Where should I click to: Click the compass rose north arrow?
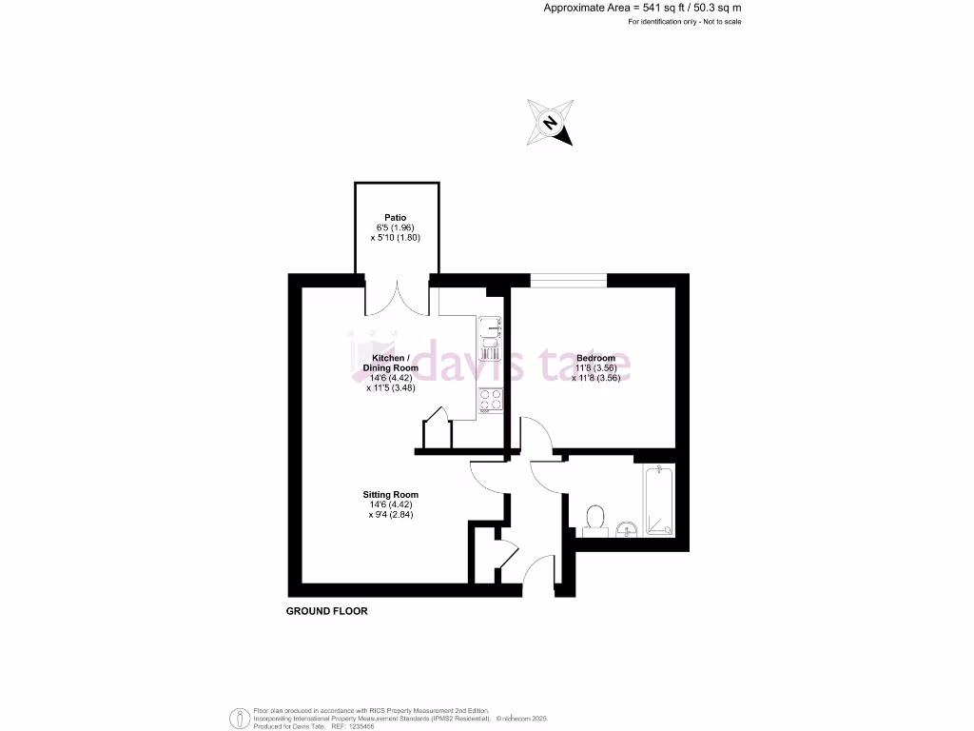tap(551, 124)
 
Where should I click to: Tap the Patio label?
tap(396, 218)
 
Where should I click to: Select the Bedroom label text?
tap(595, 358)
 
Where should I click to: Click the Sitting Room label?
tap(390, 495)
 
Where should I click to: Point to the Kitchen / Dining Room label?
tap(390, 363)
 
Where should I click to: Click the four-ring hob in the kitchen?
tap(491, 400)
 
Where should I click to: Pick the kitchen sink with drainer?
tap(490, 339)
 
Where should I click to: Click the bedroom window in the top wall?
tap(568, 279)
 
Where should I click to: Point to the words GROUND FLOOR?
tap(326, 611)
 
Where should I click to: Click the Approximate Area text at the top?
tap(642, 8)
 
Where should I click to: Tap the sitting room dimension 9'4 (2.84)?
tap(391, 514)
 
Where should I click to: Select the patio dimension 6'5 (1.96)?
tap(396, 228)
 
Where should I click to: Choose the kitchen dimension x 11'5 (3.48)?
tap(391, 387)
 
